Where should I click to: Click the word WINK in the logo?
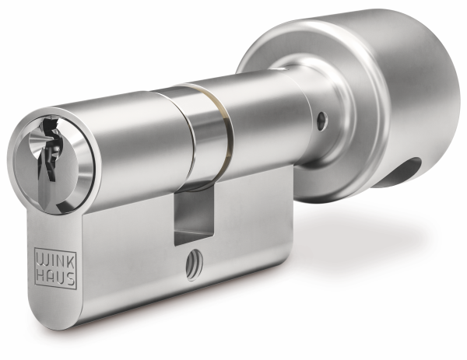point(55,259)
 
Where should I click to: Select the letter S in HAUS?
point(70,278)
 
